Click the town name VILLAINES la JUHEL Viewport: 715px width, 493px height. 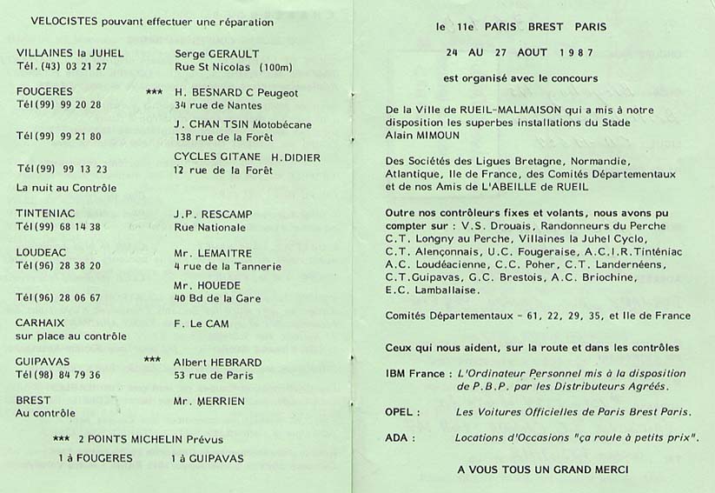tap(70, 52)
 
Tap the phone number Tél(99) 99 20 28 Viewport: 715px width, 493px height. tap(59, 104)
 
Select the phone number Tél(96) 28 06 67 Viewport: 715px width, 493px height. tap(59, 296)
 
